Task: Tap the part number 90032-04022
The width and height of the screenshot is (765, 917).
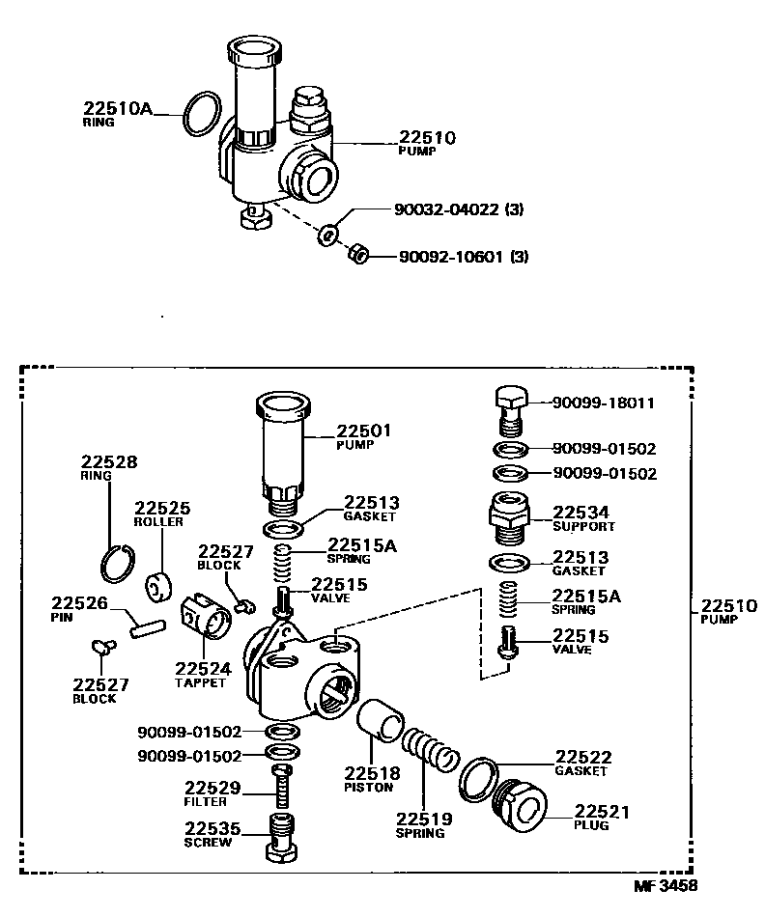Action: click(x=447, y=209)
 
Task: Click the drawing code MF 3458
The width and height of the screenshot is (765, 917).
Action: click(x=665, y=884)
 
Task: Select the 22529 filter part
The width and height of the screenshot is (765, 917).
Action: click(x=281, y=788)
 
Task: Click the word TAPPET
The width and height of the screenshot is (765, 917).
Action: click(x=200, y=682)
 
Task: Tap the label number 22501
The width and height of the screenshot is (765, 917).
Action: click(x=364, y=431)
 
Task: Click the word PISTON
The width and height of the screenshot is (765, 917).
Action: click(x=369, y=787)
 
